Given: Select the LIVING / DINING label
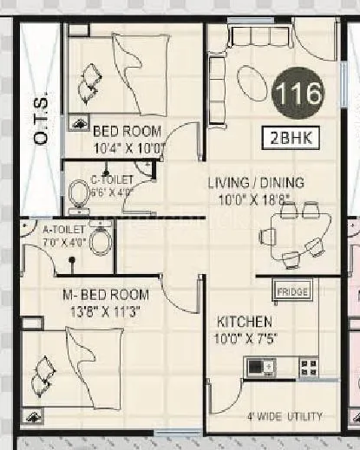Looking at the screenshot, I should click(x=256, y=183).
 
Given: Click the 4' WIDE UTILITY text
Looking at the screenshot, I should click(x=284, y=414).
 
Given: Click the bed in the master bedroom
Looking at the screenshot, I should click(x=69, y=365).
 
